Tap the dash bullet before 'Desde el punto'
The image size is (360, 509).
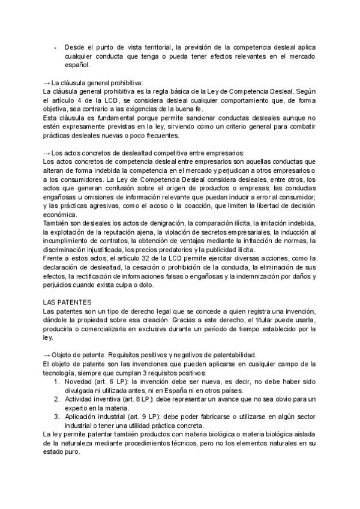(x=55, y=47)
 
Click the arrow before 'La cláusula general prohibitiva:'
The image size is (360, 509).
(x=47, y=82)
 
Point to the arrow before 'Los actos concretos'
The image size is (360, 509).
(x=47, y=152)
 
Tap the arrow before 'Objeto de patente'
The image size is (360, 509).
(x=47, y=354)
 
